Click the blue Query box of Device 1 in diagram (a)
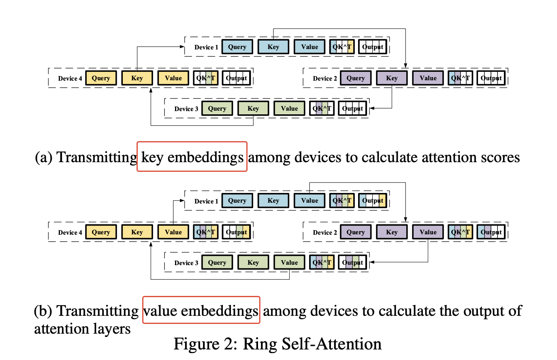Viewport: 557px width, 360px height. [x=237, y=47]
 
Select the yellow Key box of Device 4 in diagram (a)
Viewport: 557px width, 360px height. [x=137, y=78]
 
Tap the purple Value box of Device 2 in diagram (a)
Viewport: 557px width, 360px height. [x=428, y=78]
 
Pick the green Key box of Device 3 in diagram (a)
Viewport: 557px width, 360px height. [x=253, y=109]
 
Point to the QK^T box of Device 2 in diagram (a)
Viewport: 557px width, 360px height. [x=461, y=78]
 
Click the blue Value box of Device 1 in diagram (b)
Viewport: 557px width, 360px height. [x=309, y=201]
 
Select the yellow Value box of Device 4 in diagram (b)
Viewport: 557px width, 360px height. [x=173, y=232]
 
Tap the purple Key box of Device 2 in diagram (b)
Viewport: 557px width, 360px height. [x=392, y=232]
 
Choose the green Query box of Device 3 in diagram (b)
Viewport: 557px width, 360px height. [x=217, y=263]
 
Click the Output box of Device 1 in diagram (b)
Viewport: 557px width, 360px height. [x=373, y=201]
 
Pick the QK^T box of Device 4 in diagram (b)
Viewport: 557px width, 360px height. [x=206, y=232]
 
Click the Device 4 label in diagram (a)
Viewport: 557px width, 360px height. [x=70, y=79]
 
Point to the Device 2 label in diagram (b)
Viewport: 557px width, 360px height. [x=325, y=233]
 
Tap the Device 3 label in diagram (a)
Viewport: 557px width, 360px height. [x=186, y=109]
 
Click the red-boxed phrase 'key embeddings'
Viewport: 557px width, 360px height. [x=192, y=157]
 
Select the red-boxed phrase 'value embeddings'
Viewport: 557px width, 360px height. [x=201, y=311]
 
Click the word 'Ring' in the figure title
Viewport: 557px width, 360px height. [x=260, y=344]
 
